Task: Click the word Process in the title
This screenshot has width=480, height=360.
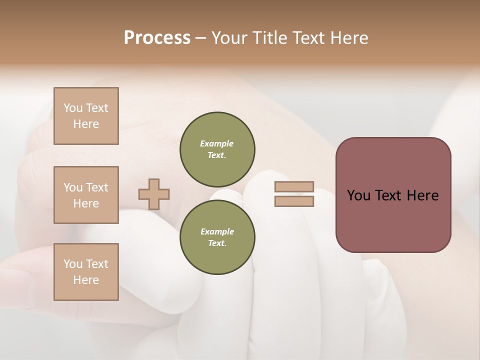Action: pyautogui.click(x=157, y=38)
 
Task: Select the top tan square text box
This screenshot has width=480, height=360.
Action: pyautogui.click(x=86, y=116)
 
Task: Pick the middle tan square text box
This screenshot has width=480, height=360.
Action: pyautogui.click(x=86, y=195)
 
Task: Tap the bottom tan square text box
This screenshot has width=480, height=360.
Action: pyautogui.click(x=86, y=272)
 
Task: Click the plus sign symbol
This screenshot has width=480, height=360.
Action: pyautogui.click(x=154, y=194)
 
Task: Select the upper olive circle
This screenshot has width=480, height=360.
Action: pyautogui.click(x=217, y=149)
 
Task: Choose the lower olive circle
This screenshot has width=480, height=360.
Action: pyautogui.click(x=217, y=237)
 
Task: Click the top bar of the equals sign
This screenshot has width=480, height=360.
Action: pyautogui.click(x=294, y=186)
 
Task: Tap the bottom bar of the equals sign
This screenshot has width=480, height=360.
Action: pyautogui.click(x=294, y=201)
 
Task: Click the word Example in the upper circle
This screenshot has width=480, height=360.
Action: pyautogui.click(x=217, y=143)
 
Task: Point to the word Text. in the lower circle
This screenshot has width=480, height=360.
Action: pyautogui.click(x=217, y=243)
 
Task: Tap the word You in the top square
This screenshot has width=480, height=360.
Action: pyautogui.click(x=72, y=108)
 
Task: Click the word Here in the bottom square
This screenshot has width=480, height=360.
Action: pyautogui.click(x=86, y=280)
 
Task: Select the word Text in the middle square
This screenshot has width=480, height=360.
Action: pyautogui.click(x=96, y=187)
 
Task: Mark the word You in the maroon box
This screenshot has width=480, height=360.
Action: pyautogui.click(x=358, y=195)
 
